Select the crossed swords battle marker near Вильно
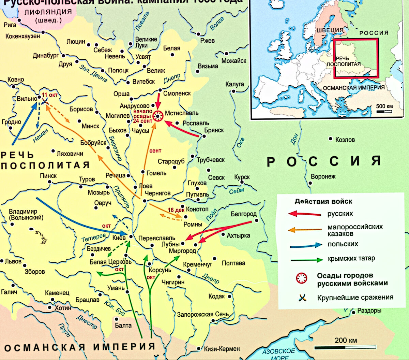pyautogui.click(x=45, y=100)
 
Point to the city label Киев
pyautogui.click(x=119, y=237)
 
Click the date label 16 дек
pyautogui.click(x=176, y=210)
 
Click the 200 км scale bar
pyautogui.click(x=345, y=347)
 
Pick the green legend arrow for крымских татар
pyautogui.click(x=306, y=260)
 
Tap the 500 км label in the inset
pyautogui.click(x=384, y=106)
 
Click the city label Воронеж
pyautogui.click(x=323, y=176)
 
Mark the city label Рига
pyautogui.click(x=10, y=25)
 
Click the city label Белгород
pyautogui.click(x=243, y=214)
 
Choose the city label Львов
pyautogui.click(x=13, y=261)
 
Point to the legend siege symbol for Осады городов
pyautogui.click(x=302, y=278)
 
